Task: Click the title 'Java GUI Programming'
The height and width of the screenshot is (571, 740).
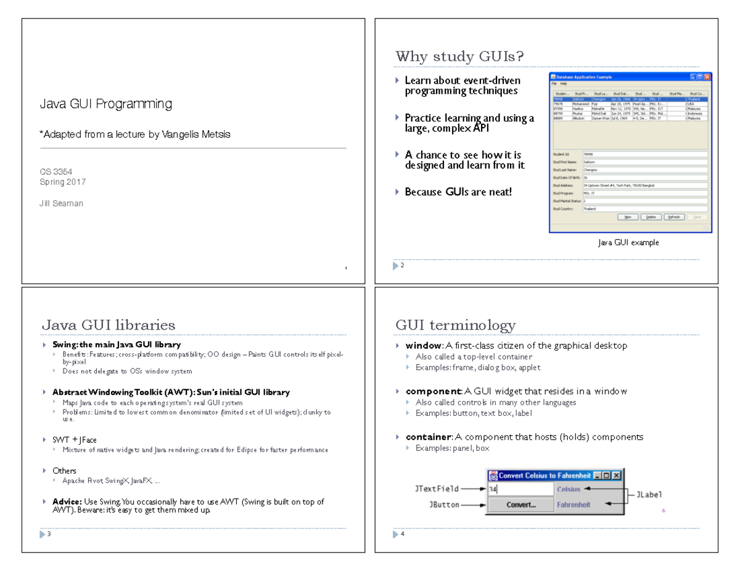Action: [105, 104]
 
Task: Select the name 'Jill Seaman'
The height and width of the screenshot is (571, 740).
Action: [62, 203]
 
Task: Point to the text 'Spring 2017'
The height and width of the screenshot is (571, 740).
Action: [63, 182]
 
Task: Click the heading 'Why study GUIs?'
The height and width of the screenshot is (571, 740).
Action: [459, 57]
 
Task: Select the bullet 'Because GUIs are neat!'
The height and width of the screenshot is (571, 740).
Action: [458, 192]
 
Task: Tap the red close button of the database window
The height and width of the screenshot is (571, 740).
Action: [707, 76]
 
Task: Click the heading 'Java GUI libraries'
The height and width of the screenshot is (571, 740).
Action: [109, 325]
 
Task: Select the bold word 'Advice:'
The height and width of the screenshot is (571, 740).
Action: [67, 501]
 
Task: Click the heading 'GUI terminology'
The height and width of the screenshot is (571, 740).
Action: [456, 325]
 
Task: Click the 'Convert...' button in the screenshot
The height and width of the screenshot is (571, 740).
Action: [520, 504]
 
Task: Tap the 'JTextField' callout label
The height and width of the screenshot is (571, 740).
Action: [437, 489]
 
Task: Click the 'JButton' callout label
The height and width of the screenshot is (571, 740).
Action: [444, 504]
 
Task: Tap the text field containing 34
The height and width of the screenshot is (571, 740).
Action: [520, 489]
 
